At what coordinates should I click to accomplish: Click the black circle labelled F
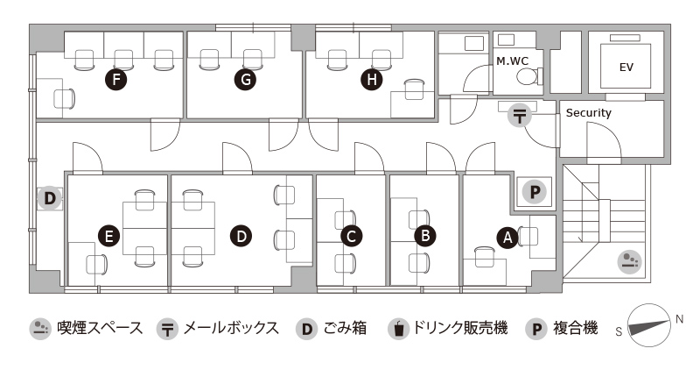116,80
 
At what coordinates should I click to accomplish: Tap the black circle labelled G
246,80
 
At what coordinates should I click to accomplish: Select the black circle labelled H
371,80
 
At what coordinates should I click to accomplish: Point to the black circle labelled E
108,236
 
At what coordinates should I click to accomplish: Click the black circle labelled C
351,236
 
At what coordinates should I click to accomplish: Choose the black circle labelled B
425,235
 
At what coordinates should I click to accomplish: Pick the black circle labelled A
507,237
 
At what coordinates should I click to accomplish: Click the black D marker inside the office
241,236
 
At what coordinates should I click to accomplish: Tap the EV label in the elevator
626,68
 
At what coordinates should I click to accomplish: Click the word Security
588,113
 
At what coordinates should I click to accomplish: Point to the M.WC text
512,60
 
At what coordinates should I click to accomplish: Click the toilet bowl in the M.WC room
527,76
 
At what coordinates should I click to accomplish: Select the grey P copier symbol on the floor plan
535,192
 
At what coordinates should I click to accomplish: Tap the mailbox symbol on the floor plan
519,116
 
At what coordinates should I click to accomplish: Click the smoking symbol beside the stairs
629,261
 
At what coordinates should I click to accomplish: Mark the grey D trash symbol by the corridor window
50,198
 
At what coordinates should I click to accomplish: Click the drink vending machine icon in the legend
399,329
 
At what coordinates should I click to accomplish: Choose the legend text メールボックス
231,328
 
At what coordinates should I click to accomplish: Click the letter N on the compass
679,319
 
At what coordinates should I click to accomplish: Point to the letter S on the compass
619,331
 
